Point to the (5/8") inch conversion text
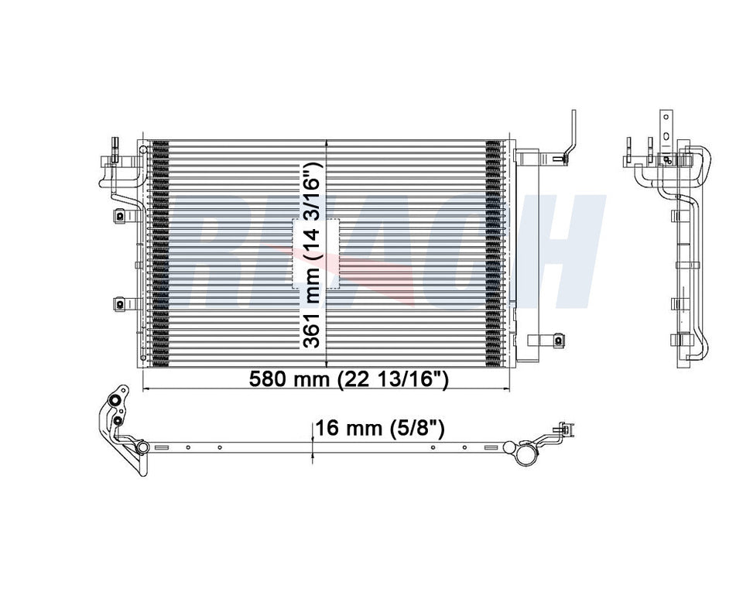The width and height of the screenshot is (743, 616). pos(419,428)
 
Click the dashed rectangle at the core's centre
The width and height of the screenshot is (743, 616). pos(316,254)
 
